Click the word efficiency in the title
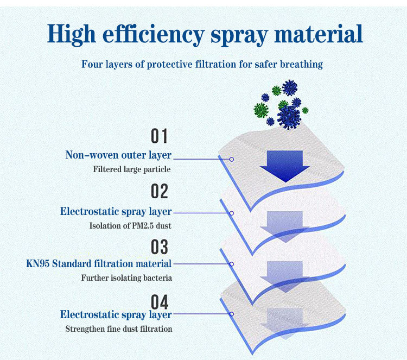(x=153, y=35)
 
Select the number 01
(x=160, y=136)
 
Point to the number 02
(x=160, y=191)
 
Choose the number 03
(x=160, y=247)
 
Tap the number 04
(x=160, y=302)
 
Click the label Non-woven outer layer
(x=118, y=155)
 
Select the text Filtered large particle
(x=132, y=169)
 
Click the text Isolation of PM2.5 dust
(x=130, y=225)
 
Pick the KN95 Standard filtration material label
(x=99, y=264)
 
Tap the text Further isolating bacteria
(x=126, y=278)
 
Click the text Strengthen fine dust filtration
(x=119, y=329)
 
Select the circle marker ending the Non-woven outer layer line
(x=232, y=159)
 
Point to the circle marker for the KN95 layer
(x=232, y=264)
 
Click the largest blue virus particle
(x=289, y=117)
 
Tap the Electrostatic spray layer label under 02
(x=116, y=212)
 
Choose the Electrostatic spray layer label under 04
(x=116, y=315)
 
